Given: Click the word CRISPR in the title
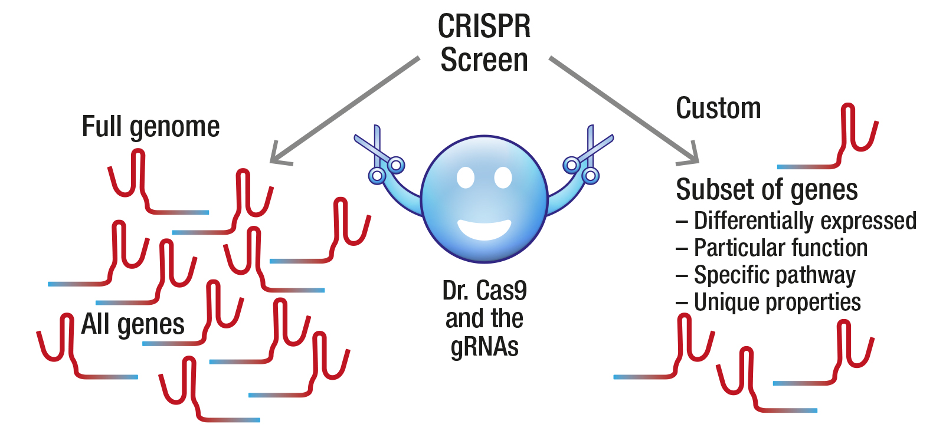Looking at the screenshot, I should pyautogui.click(x=484, y=27).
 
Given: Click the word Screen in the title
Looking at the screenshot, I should pyautogui.click(x=484, y=60).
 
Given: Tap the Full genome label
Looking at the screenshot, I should pyautogui.click(x=150, y=127).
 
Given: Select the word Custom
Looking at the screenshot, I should pyautogui.click(x=718, y=108).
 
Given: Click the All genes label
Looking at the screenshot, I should pyautogui.click(x=133, y=324).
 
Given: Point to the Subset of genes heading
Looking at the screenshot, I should pyautogui.click(x=767, y=190).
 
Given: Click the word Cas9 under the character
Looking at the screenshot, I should pyautogui.click(x=501, y=291).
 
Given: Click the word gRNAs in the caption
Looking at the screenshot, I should pyautogui.click(x=485, y=346).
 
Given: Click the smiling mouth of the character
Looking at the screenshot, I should pyautogui.click(x=485, y=229).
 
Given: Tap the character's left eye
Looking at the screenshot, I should pyautogui.click(x=466, y=177).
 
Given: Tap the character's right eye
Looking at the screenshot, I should pyautogui.click(x=503, y=177).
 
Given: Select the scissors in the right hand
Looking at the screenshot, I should pyautogui.click(x=588, y=156).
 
